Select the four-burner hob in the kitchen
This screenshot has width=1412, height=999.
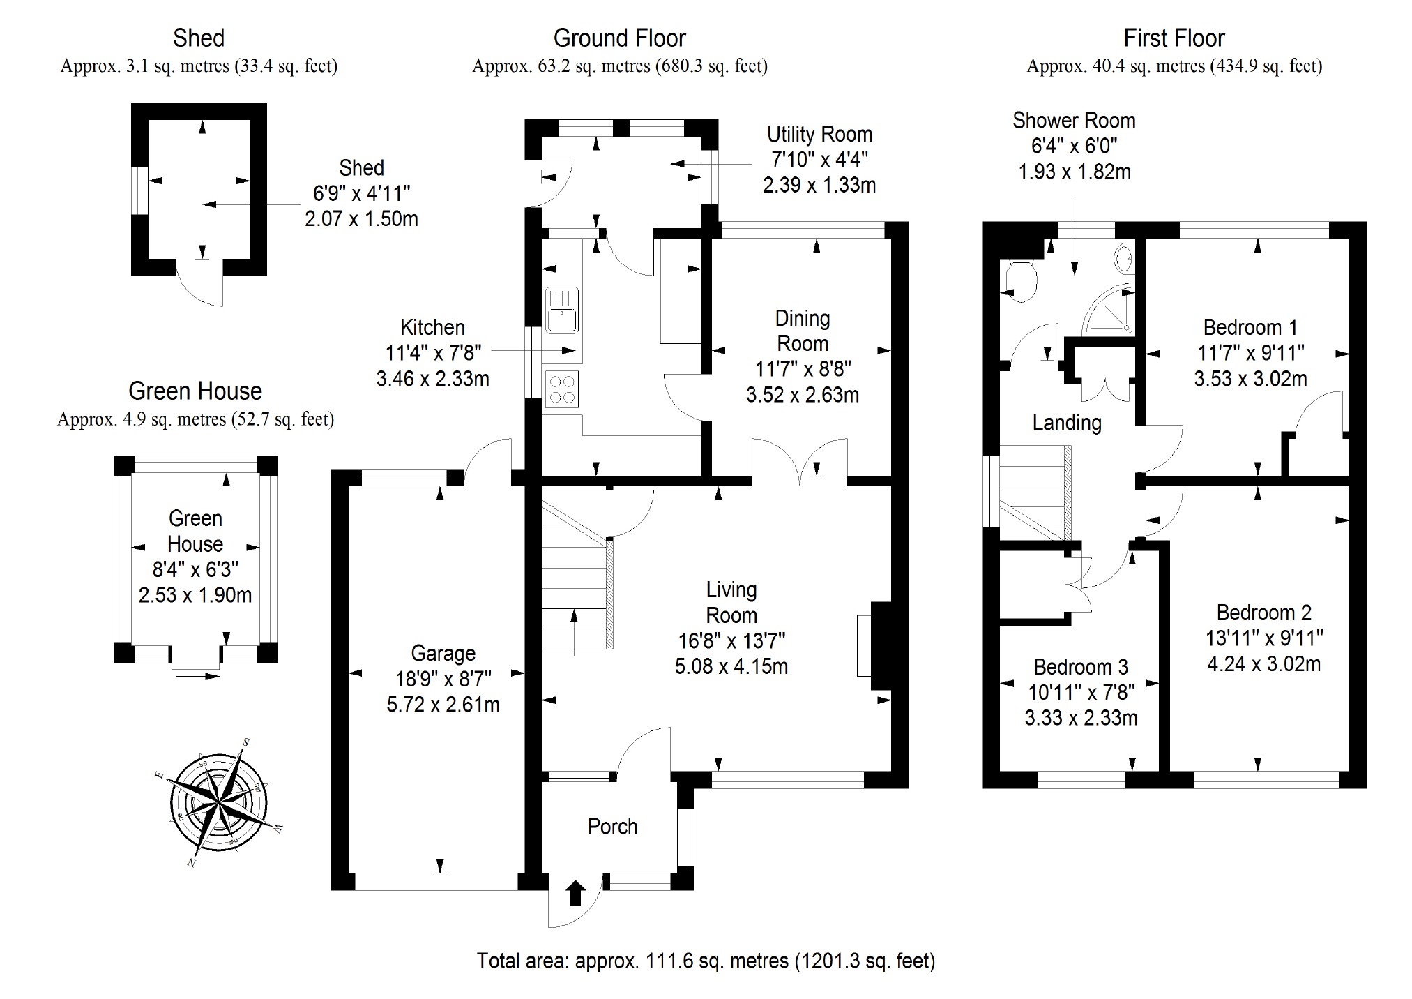point(562,390)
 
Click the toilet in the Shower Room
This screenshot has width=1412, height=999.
point(1019,280)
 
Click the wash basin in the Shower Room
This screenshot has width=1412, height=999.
point(1124,259)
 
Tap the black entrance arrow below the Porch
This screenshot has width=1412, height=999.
point(575,893)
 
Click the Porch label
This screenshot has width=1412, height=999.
point(612,827)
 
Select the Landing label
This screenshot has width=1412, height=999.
point(1067,423)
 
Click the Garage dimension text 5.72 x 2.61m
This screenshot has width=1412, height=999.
point(443,705)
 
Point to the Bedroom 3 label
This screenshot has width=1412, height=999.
point(1081,667)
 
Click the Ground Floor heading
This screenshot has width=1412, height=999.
point(619,38)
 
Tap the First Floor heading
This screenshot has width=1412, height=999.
point(1174,38)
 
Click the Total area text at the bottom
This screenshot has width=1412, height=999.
point(706,961)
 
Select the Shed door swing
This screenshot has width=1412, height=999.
point(202,286)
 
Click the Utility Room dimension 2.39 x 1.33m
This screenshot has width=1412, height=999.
point(819,185)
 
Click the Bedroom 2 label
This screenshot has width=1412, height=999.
point(1263,613)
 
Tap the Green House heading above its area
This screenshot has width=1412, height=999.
point(195,391)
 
